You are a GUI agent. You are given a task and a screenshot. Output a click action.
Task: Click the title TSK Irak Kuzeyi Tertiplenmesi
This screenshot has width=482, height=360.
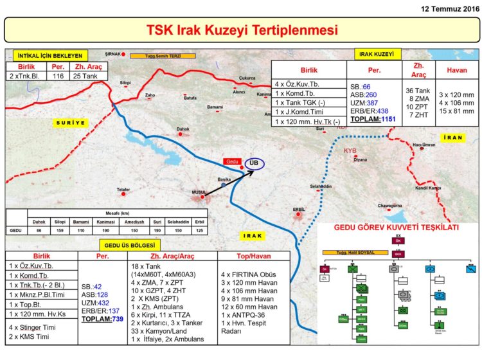(242, 30)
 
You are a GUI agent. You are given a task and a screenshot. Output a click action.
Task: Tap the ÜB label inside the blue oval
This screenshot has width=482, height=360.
(254, 164)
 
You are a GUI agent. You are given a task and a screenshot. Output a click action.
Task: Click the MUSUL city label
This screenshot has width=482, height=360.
(199, 192)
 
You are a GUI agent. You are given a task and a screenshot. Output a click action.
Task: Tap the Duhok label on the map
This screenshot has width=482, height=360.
(183, 129)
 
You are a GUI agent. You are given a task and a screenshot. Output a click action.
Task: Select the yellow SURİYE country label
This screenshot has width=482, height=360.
(71, 121)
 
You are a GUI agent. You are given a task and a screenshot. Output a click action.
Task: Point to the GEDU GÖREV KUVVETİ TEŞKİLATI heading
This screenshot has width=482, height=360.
(397, 228)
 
